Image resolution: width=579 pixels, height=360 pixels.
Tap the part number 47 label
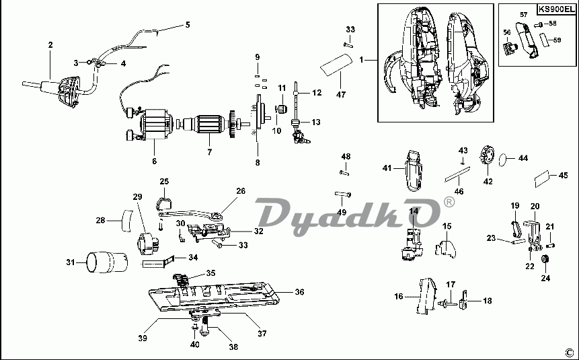[x=341, y=95]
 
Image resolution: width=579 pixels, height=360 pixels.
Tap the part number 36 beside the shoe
[x=299, y=292]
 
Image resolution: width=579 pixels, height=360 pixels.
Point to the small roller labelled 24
[x=546, y=260]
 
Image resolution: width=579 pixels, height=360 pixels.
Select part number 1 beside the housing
[x=362, y=60]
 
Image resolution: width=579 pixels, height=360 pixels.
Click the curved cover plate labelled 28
[x=125, y=220]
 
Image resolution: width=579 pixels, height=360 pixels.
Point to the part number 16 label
[x=399, y=295]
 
